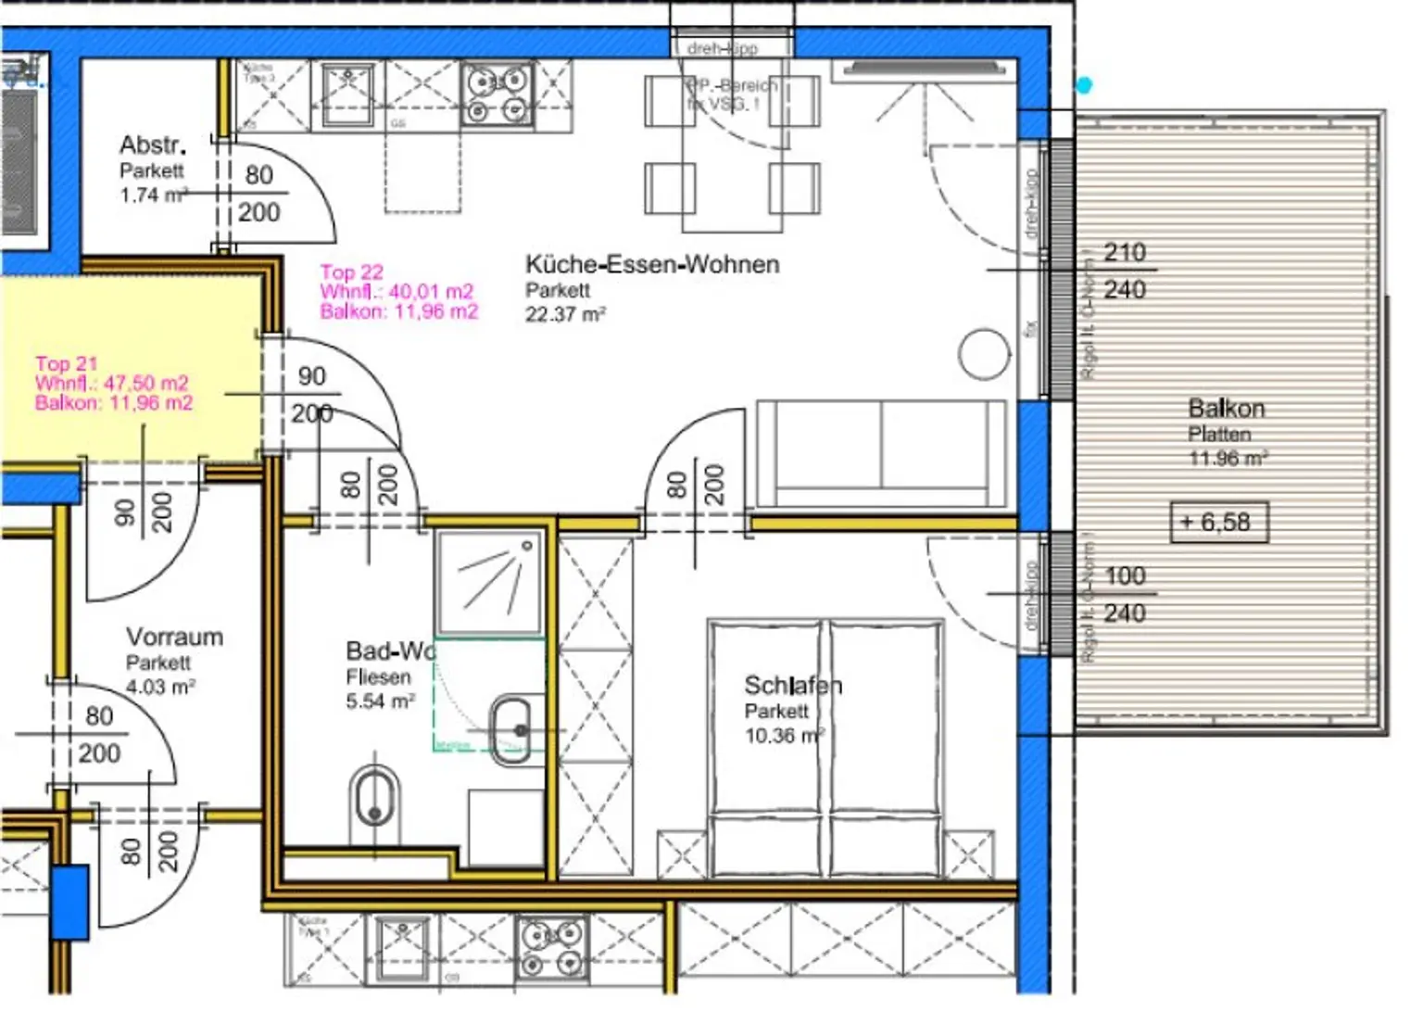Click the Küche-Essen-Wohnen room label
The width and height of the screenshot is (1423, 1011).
651,265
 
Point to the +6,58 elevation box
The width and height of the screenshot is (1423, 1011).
1218,523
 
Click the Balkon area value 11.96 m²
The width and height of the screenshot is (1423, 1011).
1228,459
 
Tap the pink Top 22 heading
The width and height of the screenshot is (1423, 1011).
351,272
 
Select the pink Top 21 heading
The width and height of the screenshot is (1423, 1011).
66,364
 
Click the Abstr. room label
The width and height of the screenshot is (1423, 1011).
152,145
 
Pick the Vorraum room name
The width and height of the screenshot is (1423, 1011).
174,638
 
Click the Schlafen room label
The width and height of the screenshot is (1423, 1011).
792,686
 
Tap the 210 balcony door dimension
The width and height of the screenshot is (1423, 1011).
1125,252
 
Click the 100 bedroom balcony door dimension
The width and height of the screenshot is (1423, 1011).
1125,576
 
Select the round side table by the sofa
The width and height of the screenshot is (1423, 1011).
983,355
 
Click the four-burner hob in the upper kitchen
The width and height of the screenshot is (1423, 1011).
497,95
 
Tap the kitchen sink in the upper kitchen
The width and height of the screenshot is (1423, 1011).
347,93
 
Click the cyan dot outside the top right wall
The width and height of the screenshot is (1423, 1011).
1083,85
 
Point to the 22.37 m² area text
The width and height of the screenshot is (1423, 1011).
565,315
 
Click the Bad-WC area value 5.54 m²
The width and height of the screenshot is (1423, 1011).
380,702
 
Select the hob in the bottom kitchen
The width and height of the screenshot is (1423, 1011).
550,948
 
